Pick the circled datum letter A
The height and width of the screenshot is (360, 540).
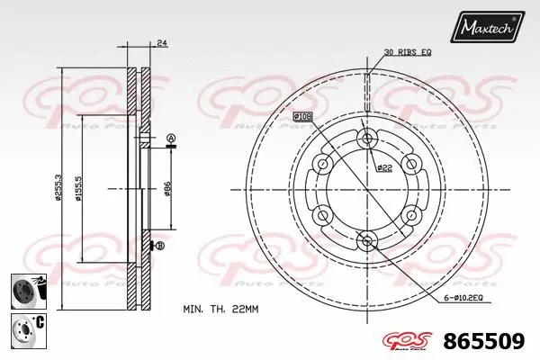pos(170,138)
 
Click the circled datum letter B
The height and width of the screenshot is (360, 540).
pos(159,246)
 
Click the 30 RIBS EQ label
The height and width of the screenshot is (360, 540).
pos(406,53)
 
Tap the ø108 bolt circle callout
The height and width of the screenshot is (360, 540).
pos(302,117)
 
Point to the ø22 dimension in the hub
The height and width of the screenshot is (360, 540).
pos(384,167)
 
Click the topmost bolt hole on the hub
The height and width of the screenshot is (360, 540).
pos(366,137)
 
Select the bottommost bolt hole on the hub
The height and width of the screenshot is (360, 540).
pos(366,240)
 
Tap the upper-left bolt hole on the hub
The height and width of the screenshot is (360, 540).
pos(322,163)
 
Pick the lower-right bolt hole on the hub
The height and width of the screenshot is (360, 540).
pos(410,214)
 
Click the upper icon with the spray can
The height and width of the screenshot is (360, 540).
pos(25,292)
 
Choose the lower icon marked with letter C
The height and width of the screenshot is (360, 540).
pos(25,327)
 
